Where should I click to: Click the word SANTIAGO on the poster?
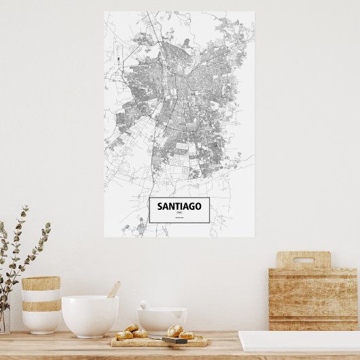[x=179, y=206]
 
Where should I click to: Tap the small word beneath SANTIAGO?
[x=179, y=213]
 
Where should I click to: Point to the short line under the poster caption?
[x=179, y=217]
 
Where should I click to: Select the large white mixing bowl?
[x=90, y=316]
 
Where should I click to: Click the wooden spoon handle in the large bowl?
[x=113, y=289]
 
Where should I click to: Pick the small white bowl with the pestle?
[x=162, y=320]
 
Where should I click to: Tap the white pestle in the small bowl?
[x=145, y=305]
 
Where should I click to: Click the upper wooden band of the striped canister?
[x=41, y=283]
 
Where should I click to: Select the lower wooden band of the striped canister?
[x=41, y=306]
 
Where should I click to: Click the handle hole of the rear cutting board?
[x=303, y=259]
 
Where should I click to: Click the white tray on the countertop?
[x=299, y=342]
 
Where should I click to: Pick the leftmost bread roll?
[x=124, y=335]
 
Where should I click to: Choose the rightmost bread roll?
[x=186, y=334]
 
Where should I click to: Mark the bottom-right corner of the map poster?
[x=254, y=236]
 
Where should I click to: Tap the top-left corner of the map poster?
[x=105, y=12]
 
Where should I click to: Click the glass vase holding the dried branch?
[x=4, y=321]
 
